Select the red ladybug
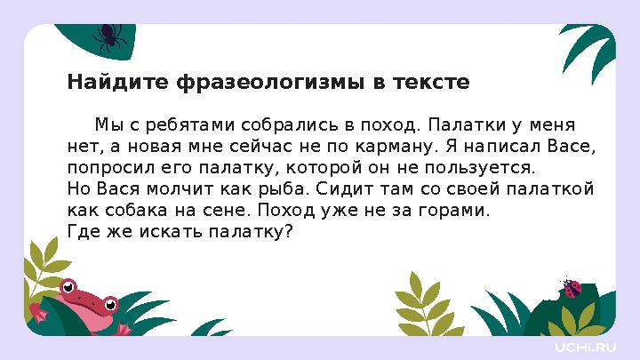pyautogui.click(x=572, y=288)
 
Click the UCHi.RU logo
pyautogui.click(x=585, y=345)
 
